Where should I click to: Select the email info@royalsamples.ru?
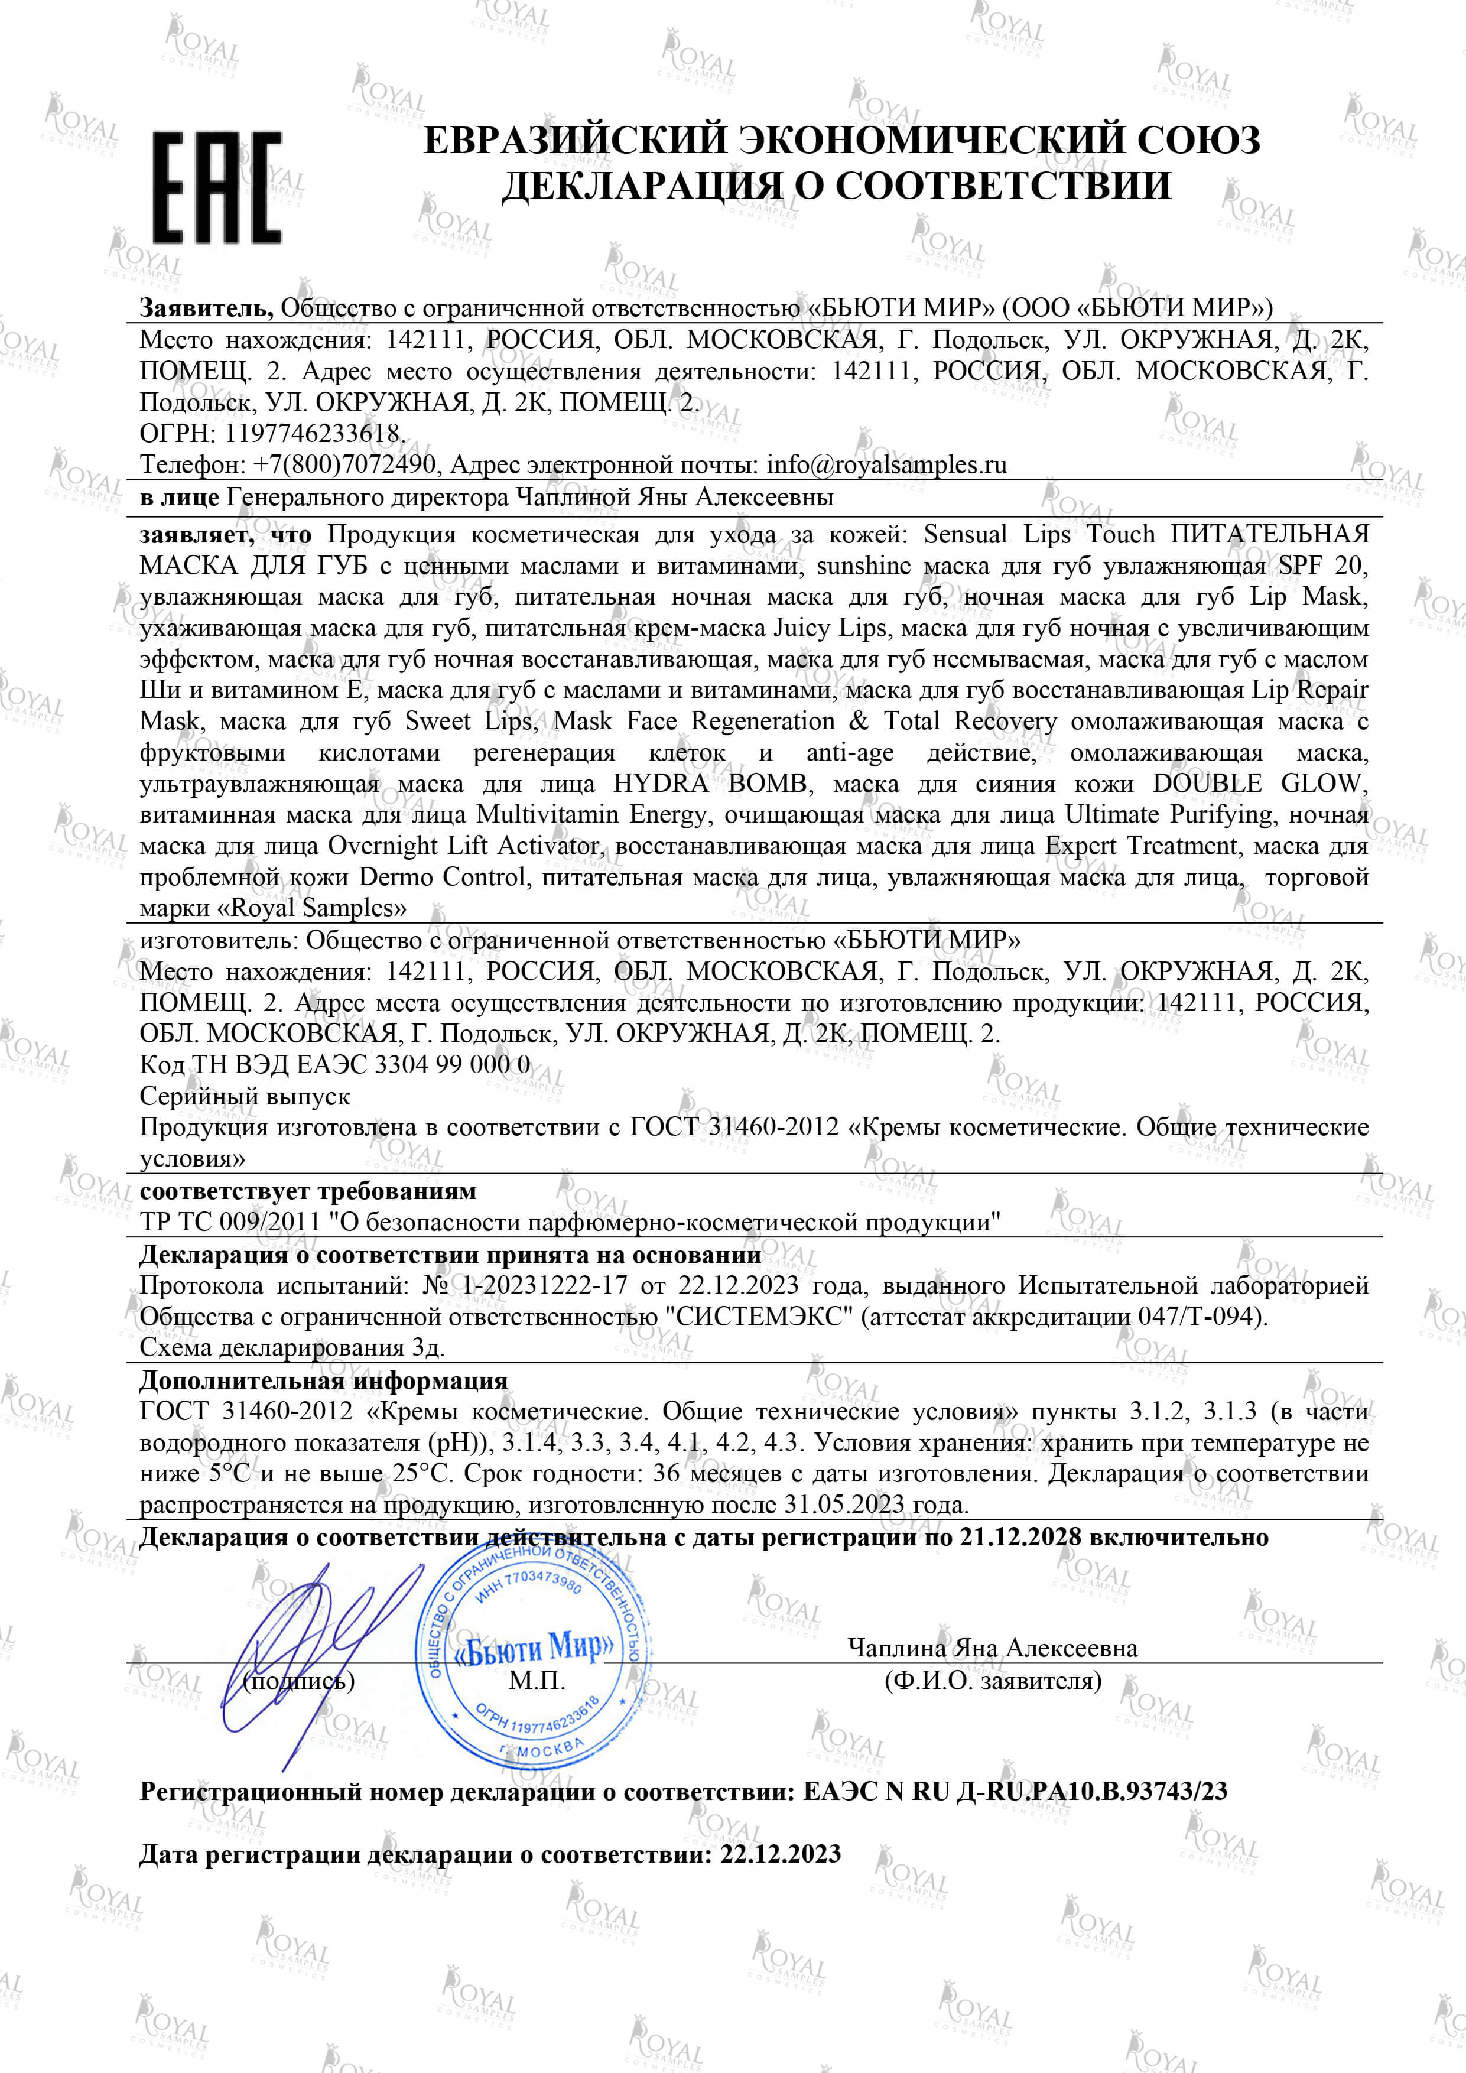[x=886, y=465]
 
